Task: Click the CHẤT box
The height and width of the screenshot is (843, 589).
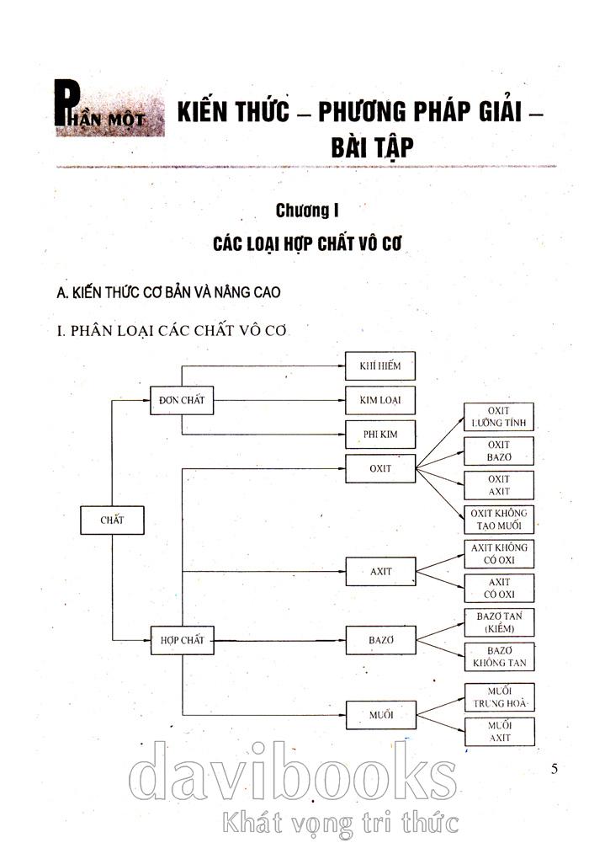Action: (112, 520)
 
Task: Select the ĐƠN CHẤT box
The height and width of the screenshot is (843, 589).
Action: (182, 400)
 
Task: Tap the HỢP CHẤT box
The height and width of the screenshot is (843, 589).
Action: (182, 640)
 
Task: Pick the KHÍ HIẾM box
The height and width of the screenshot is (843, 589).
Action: (381, 365)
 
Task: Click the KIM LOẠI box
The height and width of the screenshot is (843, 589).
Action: (381, 400)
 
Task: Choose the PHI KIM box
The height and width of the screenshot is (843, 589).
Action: (381, 435)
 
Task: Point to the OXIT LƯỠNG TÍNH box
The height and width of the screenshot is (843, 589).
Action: (499, 417)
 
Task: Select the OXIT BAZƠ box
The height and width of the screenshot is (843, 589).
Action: (499, 451)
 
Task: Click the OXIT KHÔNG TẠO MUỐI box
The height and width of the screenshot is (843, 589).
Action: (499, 520)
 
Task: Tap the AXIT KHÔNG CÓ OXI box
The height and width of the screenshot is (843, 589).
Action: (499, 553)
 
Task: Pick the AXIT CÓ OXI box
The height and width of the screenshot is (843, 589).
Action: (499, 588)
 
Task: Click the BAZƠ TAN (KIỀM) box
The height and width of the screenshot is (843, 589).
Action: (499, 622)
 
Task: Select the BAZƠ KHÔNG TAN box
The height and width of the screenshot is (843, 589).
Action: (499, 657)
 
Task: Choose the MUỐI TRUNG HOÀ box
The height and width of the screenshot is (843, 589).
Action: (499, 697)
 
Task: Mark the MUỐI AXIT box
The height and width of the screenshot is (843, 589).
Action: (499, 732)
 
